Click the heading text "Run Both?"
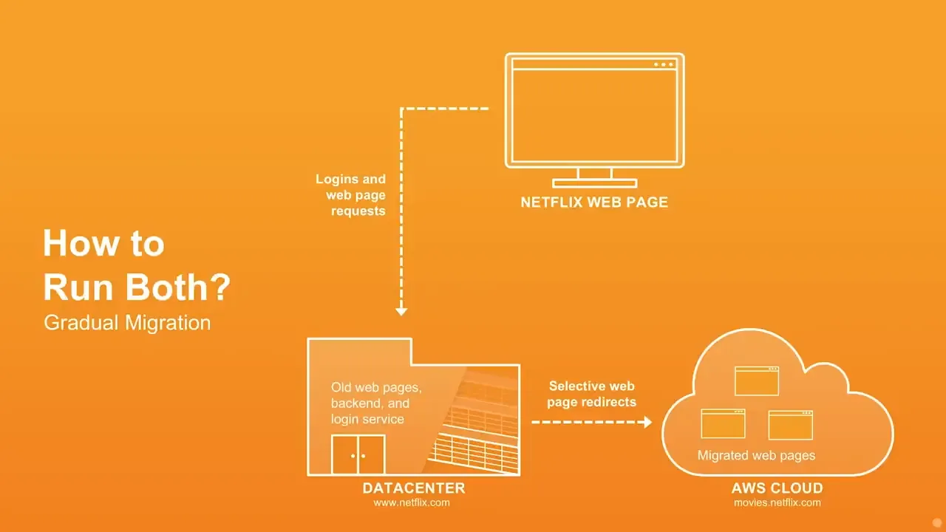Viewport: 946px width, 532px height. (137, 287)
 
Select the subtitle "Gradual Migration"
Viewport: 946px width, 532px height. (127, 323)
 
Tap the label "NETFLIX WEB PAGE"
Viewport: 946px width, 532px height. (594, 202)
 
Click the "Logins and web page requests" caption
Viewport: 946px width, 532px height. (350, 194)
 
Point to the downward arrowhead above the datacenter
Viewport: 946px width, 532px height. (401, 312)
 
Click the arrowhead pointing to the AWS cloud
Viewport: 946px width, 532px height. (647, 422)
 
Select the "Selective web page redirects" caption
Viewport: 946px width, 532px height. (592, 394)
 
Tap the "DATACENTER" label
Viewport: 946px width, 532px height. (414, 488)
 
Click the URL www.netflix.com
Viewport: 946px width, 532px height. (412, 503)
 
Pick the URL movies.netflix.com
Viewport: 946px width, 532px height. (777, 503)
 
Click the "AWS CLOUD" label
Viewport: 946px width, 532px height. (777, 488)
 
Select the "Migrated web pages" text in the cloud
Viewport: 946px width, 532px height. (756, 455)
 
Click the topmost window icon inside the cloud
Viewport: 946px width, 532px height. (757, 381)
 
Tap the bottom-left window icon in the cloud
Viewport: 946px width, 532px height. (723, 423)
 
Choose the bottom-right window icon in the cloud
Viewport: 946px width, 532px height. (791, 425)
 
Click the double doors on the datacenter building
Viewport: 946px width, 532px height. (358, 454)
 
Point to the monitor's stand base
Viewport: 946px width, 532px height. (595, 183)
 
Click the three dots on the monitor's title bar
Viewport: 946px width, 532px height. (664, 64)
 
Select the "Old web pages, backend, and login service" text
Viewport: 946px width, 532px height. (376, 403)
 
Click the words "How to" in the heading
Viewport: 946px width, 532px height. (104, 243)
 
